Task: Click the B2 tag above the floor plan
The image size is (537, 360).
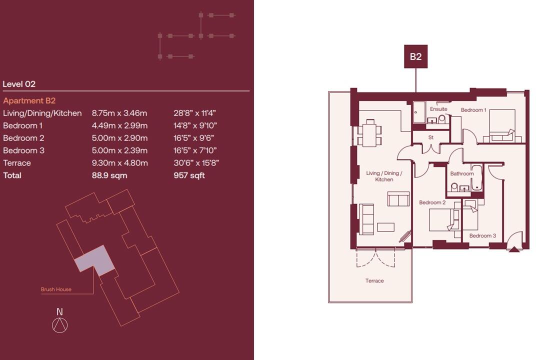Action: (415, 56)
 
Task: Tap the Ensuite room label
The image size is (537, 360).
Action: (438, 109)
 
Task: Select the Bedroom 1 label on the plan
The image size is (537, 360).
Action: (473, 110)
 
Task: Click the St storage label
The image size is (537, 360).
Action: (430, 137)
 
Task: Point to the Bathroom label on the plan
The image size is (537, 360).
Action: (461, 173)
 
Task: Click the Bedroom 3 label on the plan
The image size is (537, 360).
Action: (482, 235)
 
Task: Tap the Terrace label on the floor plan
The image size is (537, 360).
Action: (374, 281)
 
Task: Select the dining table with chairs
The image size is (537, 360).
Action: (369, 132)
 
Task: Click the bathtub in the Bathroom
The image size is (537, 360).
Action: (476, 177)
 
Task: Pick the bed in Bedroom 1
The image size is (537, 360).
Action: (502, 125)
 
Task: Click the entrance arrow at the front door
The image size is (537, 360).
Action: (514, 248)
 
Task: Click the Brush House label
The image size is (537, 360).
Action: (56, 289)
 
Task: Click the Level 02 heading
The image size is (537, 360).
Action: (19, 84)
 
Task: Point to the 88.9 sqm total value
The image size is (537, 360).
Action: (109, 175)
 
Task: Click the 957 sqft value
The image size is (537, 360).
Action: (189, 175)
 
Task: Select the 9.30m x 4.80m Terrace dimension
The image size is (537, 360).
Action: (119, 163)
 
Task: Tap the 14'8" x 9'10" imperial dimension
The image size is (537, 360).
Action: (195, 125)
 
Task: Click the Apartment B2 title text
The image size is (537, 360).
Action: (29, 100)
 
